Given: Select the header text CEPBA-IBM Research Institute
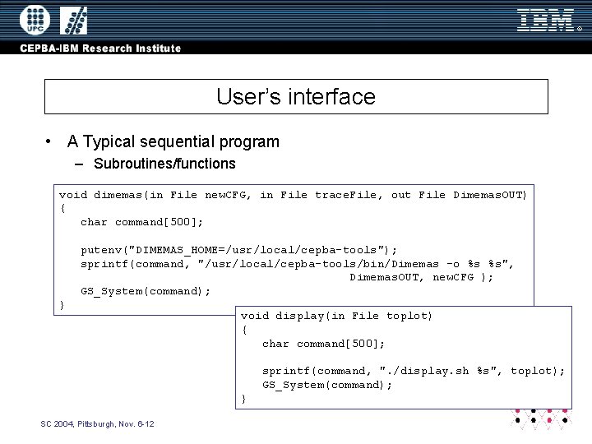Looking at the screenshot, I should (101, 49).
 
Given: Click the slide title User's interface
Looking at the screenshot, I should (296, 97).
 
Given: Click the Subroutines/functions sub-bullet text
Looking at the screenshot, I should (164, 164).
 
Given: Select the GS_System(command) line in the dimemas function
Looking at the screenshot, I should (146, 291).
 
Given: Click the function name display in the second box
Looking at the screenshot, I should (299, 316).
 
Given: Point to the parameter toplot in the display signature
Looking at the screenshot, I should (409, 316).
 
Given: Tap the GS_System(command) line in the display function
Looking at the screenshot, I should (327, 385).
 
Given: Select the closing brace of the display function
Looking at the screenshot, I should (243, 399).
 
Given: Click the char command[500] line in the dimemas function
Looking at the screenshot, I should (141, 222).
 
